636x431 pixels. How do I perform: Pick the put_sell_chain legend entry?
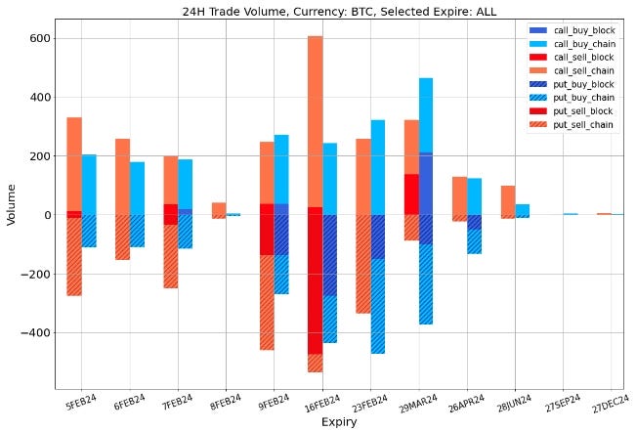click(x=580, y=124)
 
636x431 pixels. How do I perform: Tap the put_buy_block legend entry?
click(x=580, y=85)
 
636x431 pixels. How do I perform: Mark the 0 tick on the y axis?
click(x=47, y=215)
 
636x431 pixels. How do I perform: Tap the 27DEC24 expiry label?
click(x=612, y=402)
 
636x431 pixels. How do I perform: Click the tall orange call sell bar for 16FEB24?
click(x=315, y=117)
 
